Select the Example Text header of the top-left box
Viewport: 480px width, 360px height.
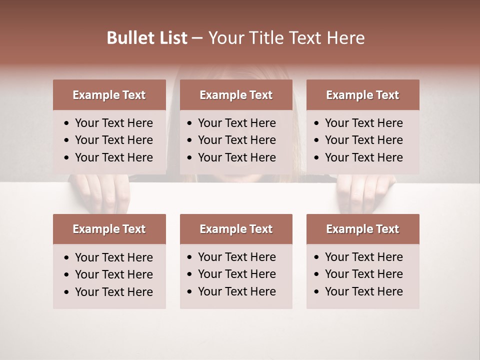109,95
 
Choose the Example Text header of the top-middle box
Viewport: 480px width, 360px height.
236,95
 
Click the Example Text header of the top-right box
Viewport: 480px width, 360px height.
362,95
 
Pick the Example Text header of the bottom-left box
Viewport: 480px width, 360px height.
109,229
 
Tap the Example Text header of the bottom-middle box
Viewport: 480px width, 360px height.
236,229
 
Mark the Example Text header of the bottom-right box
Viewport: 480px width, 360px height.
362,229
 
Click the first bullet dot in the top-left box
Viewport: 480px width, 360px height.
66,123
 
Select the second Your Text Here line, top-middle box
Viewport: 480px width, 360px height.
236,140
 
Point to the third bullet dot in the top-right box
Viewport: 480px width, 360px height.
316,158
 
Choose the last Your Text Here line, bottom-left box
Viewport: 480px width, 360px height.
113,292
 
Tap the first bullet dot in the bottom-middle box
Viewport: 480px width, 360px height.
190,257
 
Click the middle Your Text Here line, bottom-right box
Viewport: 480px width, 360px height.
363,274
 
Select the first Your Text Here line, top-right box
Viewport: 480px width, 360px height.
363,123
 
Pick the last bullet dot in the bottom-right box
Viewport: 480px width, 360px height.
316,292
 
